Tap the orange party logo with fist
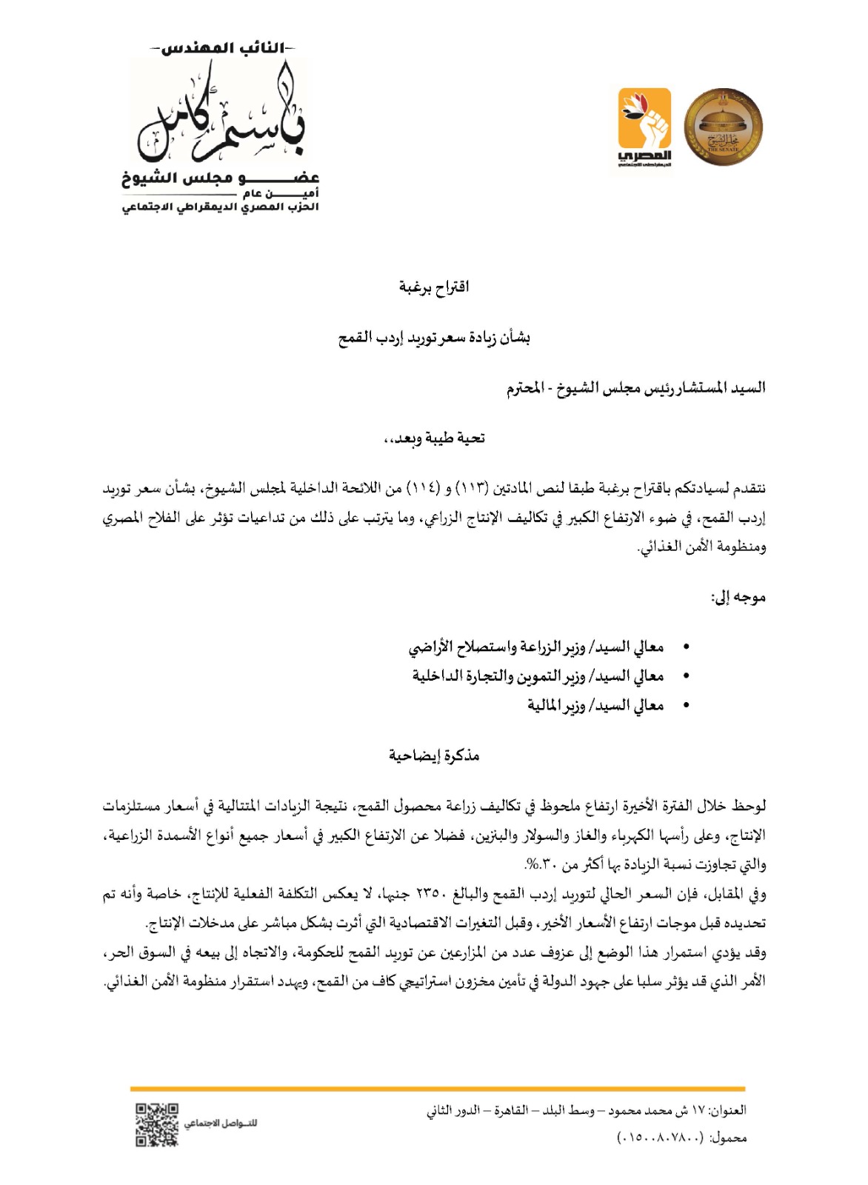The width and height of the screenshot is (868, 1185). tap(643, 127)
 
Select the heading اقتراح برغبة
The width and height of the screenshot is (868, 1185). tap(434, 287)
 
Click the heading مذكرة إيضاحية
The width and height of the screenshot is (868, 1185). tap(434, 755)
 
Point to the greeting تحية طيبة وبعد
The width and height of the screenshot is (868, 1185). tap(434, 438)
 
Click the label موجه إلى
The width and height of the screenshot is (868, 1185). tap(738, 597)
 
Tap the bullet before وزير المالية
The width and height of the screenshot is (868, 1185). tap(686, 706)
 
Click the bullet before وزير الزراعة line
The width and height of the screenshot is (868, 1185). tap(686, 647)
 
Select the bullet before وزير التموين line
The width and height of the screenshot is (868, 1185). tap(686, 676)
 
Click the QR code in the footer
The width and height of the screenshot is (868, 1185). tap(157, 1124)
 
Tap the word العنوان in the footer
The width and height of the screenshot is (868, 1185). tap(729, 1110)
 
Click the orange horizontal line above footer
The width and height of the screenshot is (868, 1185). tap(437, 1089)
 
